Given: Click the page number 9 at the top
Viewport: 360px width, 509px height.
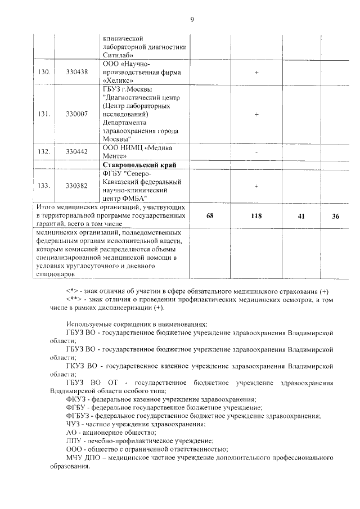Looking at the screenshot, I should click(x=191, y=20).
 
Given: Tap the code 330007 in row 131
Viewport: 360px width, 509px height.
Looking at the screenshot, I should click(x=76, y=114).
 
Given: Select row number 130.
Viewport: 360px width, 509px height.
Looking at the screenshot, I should click(x=43, y=73).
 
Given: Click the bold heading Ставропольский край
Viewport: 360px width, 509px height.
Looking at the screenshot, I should click(x=139, y=165).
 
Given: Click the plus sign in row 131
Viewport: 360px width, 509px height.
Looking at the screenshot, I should click(x=256, y=114).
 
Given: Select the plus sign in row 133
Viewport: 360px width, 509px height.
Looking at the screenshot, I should click(x=256, y=186).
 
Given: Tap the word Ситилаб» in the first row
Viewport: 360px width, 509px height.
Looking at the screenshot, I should click(x=118, y=55).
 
